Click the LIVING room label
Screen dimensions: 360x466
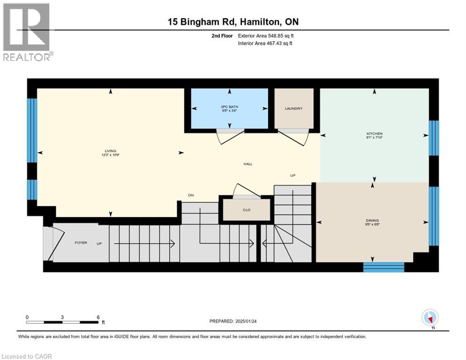(111, 150)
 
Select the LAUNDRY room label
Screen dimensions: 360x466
(293, 109)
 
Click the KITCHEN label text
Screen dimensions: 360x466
(374, 134)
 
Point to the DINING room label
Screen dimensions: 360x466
(372, 220)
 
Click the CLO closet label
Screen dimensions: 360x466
(246, 210)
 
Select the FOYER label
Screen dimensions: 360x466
(81, 243)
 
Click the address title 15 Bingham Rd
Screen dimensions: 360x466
(233, 22)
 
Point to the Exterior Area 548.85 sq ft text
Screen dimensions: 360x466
(266, 36)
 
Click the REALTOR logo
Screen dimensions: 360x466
(27, 32)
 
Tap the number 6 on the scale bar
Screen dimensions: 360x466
(98, 317)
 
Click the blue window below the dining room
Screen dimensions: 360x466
(383, 267)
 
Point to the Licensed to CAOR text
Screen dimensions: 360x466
(27, 356)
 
